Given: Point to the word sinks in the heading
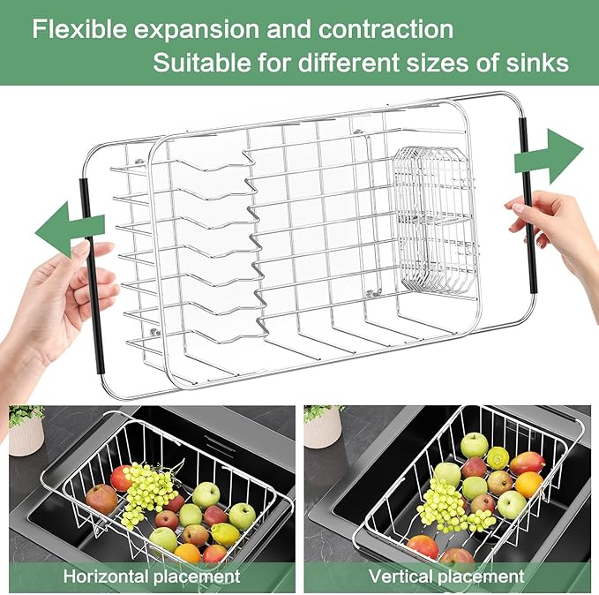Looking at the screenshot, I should (537, 64).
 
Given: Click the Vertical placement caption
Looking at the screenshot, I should (449, 576).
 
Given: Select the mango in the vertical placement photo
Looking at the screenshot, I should (528, 463).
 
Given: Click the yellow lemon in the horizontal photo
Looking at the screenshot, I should (224, 535).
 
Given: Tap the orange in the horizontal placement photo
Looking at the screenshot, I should (187, 554).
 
